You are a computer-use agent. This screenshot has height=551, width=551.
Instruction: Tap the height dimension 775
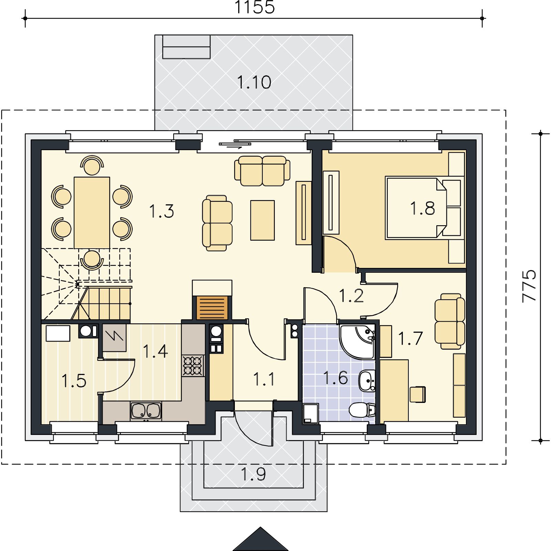(529, 286)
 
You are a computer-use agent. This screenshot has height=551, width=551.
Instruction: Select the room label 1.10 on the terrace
(254, 82)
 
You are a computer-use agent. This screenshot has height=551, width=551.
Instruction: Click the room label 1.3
(162, 211)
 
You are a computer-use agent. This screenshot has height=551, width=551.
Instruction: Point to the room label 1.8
(423, 208)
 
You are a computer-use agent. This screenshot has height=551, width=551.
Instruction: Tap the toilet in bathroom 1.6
(362, 410)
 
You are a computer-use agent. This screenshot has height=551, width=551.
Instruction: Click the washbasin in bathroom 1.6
(367, 381)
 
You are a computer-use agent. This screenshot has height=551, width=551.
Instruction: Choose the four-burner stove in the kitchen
(193, 366)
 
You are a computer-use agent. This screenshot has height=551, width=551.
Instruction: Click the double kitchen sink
(146, 411)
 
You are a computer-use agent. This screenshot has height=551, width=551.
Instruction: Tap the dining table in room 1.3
(92, 212)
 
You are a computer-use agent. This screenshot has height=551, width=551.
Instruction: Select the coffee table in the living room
(262, 220)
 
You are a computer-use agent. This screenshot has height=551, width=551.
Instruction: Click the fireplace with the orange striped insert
(212, 300)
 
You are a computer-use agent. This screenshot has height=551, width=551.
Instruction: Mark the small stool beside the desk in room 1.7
(418, 395)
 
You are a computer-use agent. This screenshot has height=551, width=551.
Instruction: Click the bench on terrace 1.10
(186, 46)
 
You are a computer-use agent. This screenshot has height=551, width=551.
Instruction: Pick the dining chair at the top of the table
(92, 165)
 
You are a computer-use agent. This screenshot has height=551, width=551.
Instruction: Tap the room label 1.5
(74, 381)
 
